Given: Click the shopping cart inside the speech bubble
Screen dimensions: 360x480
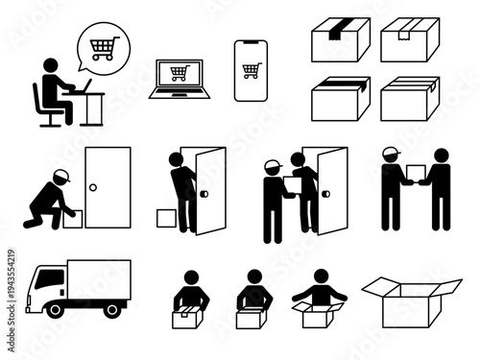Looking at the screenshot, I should click(x=103, y=45).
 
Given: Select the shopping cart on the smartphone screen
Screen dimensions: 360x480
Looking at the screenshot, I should click(x=252, y=70).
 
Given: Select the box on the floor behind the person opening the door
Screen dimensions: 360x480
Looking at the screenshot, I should click(x=166, y=218).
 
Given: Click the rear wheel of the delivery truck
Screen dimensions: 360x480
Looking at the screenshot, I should click(x=113, y=309).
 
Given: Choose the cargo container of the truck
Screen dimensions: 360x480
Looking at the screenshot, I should click(x=99, y=278).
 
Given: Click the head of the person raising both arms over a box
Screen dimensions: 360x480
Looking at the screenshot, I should click(x=319, y=277).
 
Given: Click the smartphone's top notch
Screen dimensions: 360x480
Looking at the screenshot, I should click(x=252, y=44).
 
